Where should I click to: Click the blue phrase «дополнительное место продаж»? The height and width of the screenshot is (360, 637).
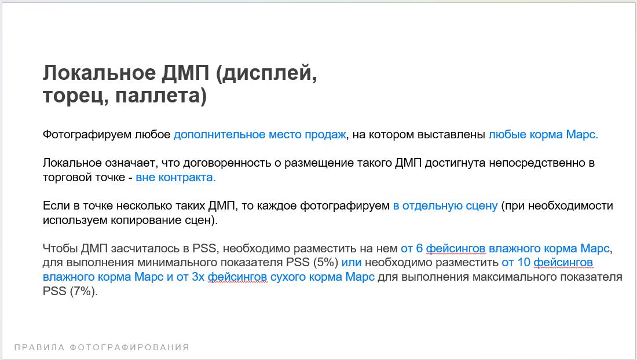click(x=260, y=135)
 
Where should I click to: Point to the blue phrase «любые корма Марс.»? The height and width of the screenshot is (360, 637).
click(x=543, y=135)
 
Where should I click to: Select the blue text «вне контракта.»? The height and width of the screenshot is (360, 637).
click(x=175, y=177)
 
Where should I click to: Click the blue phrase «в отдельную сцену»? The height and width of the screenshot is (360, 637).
click(x=445, y=206)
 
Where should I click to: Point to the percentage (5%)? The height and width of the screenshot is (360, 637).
click(x=326, y=263)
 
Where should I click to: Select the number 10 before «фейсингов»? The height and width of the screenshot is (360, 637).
click(x=524, y=263)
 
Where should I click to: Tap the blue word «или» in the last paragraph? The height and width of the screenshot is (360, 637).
click(x=352, y=263)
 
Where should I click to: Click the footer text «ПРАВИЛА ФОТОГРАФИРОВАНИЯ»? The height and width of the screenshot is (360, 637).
click(x=102, y=347)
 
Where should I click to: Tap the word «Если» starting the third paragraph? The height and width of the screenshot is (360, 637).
click(x=56, y=206)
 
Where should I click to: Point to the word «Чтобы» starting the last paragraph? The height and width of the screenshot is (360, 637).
click(x=60, y=248)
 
